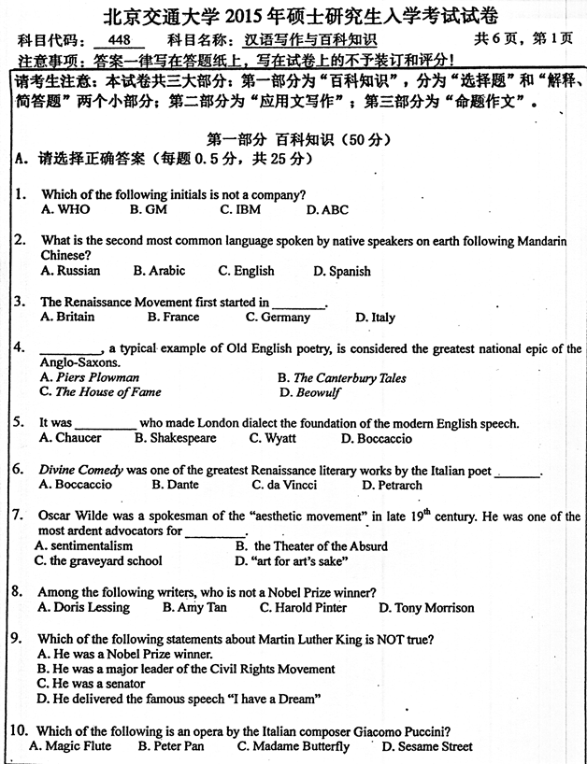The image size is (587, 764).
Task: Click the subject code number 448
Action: point(119,41)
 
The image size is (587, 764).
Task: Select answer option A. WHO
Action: point(65,210)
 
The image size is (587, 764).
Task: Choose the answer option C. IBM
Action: point(240,210)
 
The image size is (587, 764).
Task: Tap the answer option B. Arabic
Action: point(159,271)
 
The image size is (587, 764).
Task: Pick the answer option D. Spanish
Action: point(342,272)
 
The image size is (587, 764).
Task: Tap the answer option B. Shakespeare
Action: point(176,438)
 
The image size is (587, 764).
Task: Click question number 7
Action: point(17,516)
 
